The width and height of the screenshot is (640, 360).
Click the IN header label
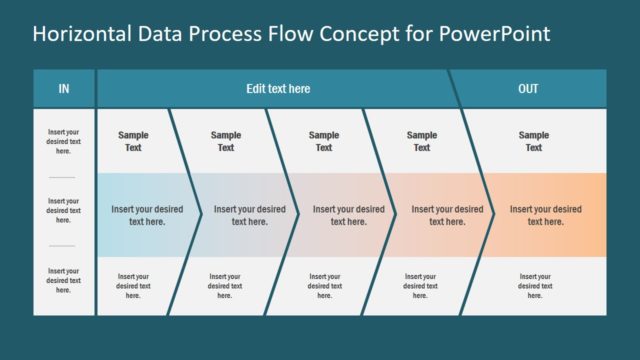[x=64, y=89]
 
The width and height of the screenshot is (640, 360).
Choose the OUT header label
[x=529, y=89]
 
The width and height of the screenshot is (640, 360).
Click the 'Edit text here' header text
[x=278, y=89]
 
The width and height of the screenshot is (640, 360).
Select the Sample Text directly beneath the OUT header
[x=534, y=141]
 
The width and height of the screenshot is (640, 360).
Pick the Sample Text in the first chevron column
[x=133, y=141]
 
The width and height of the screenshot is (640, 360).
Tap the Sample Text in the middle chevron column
[x=324, y=141]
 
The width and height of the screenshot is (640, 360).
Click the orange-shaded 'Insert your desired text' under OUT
[x=545, y=215]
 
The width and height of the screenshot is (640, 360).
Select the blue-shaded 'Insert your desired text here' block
[x=147, y=215]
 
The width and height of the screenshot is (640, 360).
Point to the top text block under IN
[x=64, y=141]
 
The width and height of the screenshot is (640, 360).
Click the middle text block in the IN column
[x=64, y=210]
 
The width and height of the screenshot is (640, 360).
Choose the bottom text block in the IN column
[x=64, y=280]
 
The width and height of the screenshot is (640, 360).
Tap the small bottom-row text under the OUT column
[x=534, y=286]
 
